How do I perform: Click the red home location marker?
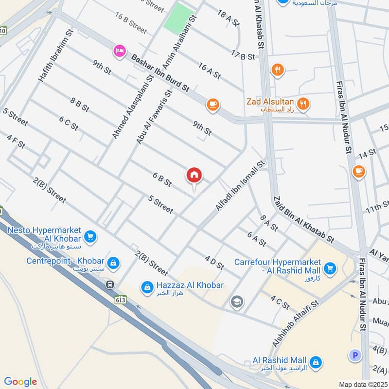click(194, 176)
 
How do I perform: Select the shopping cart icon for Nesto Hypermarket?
click(90, 237)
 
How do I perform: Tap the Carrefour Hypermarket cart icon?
click(330, 268)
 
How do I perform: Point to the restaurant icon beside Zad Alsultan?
click(303, 103)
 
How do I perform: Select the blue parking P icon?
click(355, 355)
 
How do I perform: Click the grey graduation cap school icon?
click(237, 301)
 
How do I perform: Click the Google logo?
click(20, 382)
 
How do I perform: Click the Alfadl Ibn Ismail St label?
click(240, 186)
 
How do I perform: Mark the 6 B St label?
click(162, 180)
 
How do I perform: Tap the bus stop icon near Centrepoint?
click(111, 284)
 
